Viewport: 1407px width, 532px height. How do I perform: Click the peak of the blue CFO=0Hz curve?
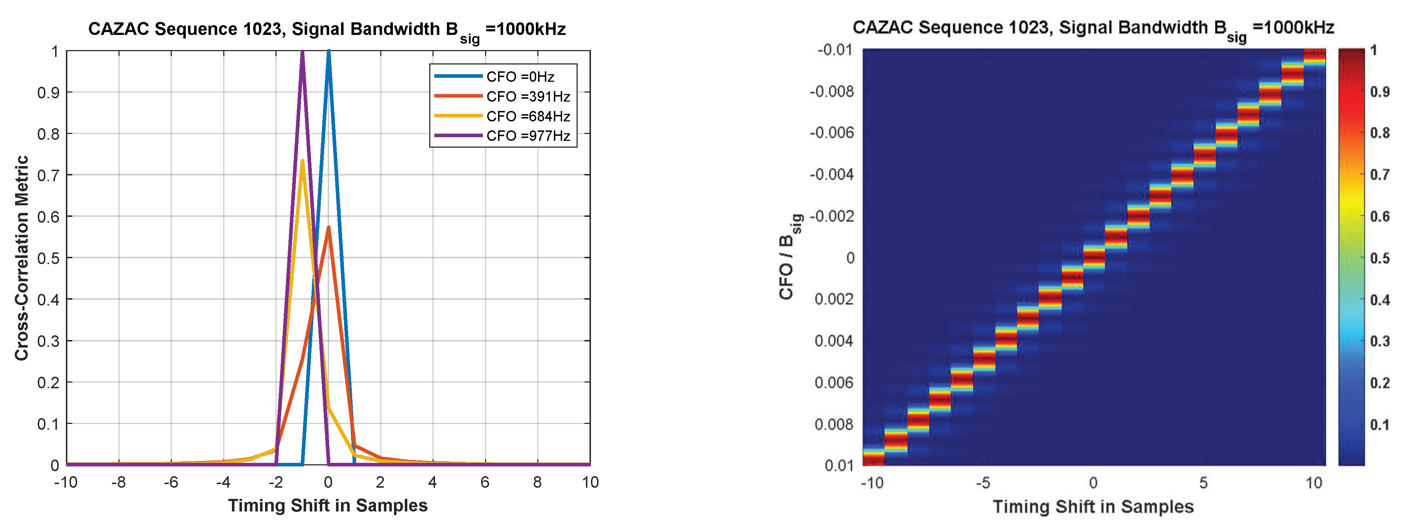[328, 52]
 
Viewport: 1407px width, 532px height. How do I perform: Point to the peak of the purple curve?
[302, 52]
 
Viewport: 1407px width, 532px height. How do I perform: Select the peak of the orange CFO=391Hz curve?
[328, 227]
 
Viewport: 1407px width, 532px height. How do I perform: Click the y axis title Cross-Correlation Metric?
[22, 258]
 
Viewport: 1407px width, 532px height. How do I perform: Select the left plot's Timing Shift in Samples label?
[328, 506]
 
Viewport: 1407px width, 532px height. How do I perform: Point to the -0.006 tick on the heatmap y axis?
[831, 133]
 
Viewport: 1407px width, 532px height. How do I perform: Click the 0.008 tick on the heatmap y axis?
[833, 424]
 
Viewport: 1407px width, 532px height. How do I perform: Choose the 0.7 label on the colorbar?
[1380, 175]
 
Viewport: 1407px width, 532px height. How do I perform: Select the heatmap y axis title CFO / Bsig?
[788, 257]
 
